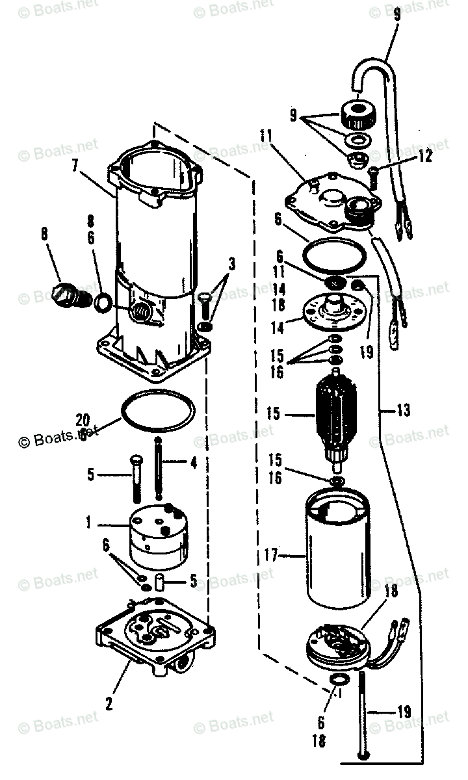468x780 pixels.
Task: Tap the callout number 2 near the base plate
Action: (110, 702)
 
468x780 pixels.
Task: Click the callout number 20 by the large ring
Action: (83, 419)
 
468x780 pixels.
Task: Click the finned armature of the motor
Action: (336, 416)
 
